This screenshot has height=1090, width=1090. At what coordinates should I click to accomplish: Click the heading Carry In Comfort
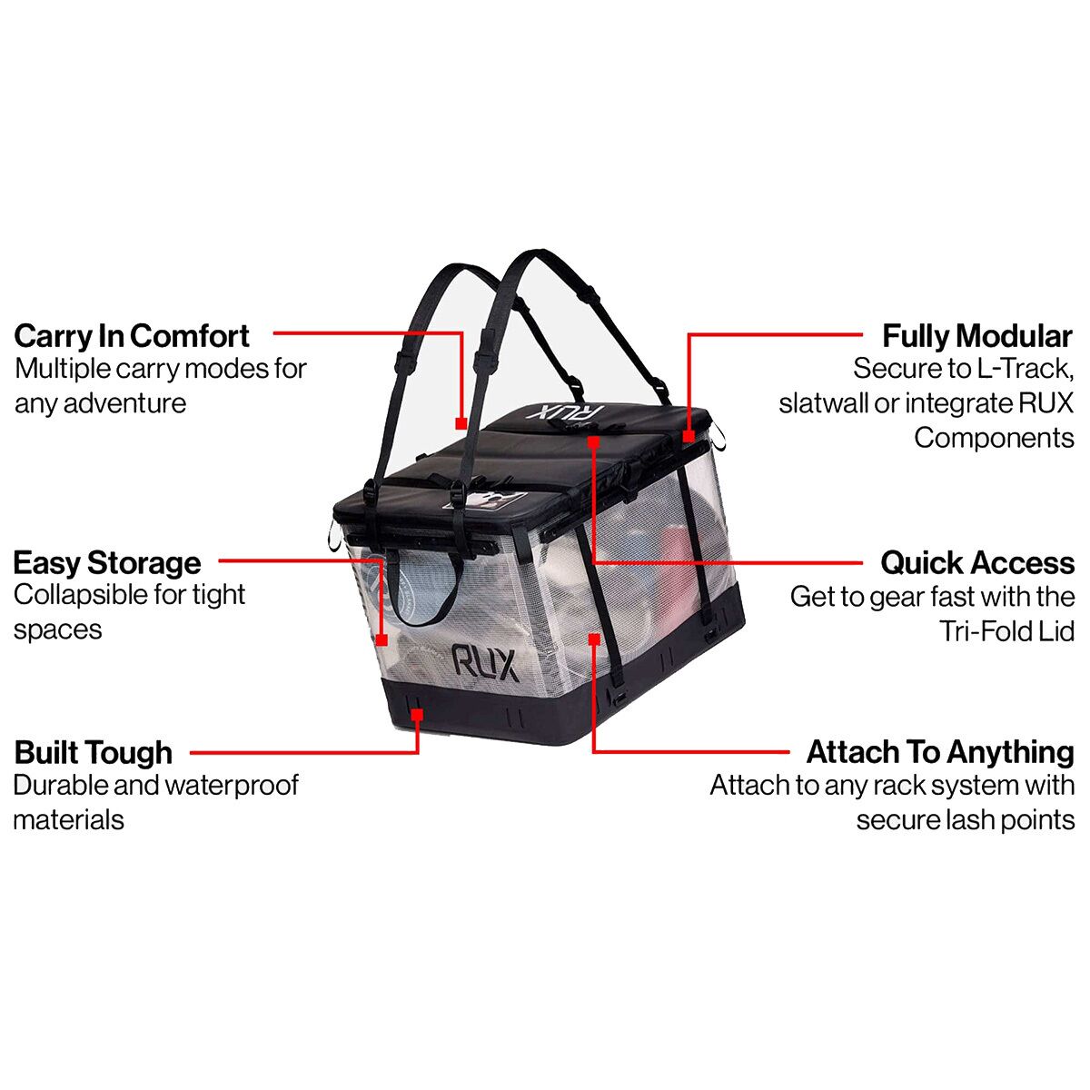132,336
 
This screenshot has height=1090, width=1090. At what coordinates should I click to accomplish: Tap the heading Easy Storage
107,563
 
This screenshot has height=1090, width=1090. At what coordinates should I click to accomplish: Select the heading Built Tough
94,753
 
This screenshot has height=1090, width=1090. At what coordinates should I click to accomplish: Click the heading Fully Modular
976,336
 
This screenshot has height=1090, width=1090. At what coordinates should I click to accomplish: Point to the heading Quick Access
977,563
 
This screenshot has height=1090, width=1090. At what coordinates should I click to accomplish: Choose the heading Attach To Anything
940,753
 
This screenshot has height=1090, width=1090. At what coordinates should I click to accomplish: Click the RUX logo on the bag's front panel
485,662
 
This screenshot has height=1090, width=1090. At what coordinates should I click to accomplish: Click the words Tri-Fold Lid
1007,631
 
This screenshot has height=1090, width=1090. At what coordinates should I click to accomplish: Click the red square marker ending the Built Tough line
417,716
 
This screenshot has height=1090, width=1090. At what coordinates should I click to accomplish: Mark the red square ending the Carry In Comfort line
461,423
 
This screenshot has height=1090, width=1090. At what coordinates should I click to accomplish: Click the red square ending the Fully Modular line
689,437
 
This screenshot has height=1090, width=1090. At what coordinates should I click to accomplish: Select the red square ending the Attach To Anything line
593,639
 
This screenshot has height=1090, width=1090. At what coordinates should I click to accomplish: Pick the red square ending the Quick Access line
593,441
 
